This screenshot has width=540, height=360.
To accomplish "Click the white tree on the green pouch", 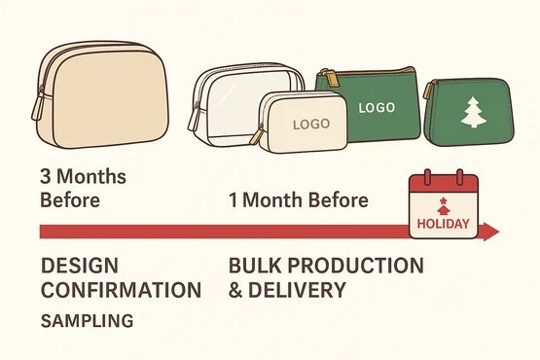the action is coord(474,113).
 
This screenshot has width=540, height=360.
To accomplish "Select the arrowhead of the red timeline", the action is coord(490,233).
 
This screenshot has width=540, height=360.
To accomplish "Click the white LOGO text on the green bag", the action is coord(378,108).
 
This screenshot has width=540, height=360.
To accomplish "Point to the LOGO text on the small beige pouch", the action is coord(310,124).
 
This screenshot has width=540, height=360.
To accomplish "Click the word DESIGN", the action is coord(78,267).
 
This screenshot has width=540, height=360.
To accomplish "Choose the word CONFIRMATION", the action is coord(121,290).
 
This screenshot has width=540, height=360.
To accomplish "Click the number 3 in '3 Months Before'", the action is coord(46,179).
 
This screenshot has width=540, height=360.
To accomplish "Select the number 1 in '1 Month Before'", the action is coord(234,200).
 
